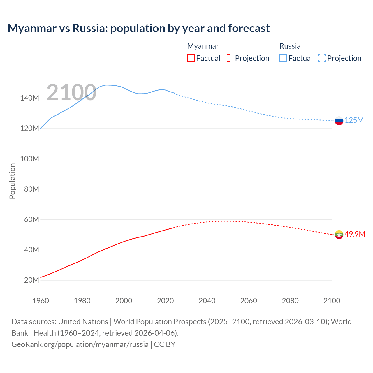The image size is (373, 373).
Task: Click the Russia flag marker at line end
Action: point(339,121)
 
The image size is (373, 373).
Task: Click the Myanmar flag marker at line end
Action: point(339,235)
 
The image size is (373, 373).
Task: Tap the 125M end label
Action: point(354,120)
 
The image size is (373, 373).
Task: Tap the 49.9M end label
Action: point(355,234)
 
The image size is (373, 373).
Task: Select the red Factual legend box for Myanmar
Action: point(191,58)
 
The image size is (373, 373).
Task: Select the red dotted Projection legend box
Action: point(230,58)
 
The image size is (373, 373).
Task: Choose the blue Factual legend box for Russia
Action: point(283,58)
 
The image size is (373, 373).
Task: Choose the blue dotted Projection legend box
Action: point(322,58)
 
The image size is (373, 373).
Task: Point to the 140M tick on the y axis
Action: point(29,98)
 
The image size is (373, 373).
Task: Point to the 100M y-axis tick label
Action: point(29,159)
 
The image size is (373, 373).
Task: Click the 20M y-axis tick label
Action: point(31,280)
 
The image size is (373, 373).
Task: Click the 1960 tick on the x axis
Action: point(41,301)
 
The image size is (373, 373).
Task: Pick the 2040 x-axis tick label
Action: point(207,301)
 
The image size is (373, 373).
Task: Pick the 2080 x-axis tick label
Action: point(290,301)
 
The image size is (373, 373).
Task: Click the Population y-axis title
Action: point(12,181)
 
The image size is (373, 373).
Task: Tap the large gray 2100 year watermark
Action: point(71,92)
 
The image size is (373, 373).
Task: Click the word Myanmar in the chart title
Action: point(32,28)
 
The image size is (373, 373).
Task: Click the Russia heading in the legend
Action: point(290,46)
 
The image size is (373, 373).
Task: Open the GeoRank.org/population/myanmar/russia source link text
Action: point(80,344)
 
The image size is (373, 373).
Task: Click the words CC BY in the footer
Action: point(165,344)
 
